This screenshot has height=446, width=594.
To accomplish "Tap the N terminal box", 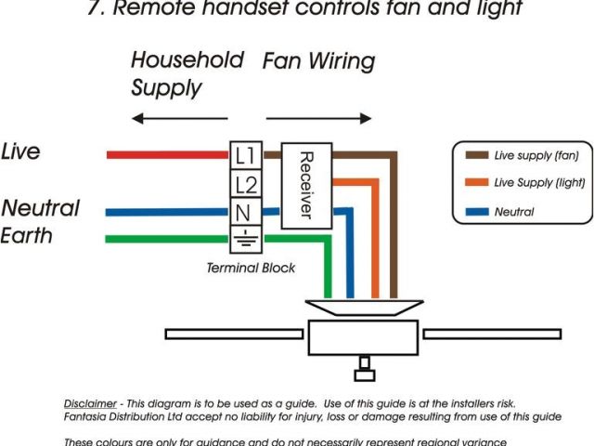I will [244, 213].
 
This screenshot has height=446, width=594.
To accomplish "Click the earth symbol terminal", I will [244, 239].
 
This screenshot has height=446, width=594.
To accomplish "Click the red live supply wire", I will [167, 154].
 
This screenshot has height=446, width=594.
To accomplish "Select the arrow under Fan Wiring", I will [318, 119].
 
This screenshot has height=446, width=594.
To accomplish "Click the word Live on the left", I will [20, 151].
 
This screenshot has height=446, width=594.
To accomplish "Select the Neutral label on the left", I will [40, 207].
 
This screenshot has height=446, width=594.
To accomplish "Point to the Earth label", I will [27, 235].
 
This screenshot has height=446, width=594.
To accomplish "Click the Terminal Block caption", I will [251, 268].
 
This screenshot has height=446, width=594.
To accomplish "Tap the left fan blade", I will [234, 333].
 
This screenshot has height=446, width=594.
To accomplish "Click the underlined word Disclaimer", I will [90, 404].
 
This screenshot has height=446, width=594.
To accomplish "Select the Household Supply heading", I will [186, 73].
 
